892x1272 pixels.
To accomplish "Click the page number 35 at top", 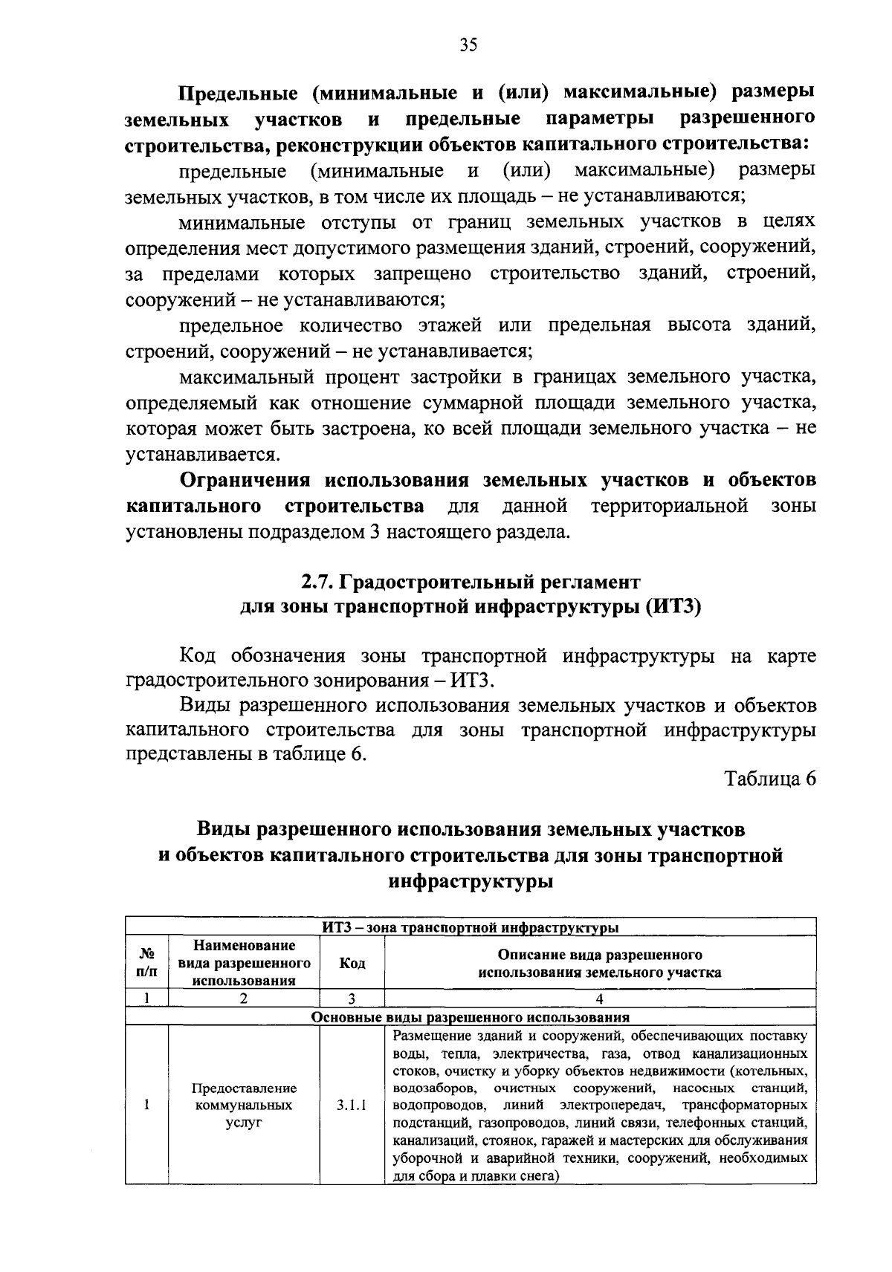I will click(468, 45).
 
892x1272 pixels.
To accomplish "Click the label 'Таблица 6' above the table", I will click(770, 779).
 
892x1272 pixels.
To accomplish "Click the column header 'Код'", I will click(352, 963).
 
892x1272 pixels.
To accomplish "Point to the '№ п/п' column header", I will click(147, 963).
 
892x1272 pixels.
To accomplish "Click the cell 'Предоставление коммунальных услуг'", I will click(244, 1105).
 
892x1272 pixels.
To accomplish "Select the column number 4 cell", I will click(599, 999).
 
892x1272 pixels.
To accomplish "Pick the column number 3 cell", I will click(352, 999).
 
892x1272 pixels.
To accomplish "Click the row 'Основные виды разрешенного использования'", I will click(471, 1017).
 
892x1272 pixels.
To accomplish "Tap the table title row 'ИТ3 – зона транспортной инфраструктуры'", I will click(471, 927).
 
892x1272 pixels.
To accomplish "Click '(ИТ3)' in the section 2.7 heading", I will click(673, 607).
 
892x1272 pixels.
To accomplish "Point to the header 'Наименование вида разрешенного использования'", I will click(244, 963).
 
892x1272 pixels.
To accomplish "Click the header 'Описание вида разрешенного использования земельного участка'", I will click(599, 963).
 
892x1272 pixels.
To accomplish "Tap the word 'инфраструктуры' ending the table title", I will click(471, 882).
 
